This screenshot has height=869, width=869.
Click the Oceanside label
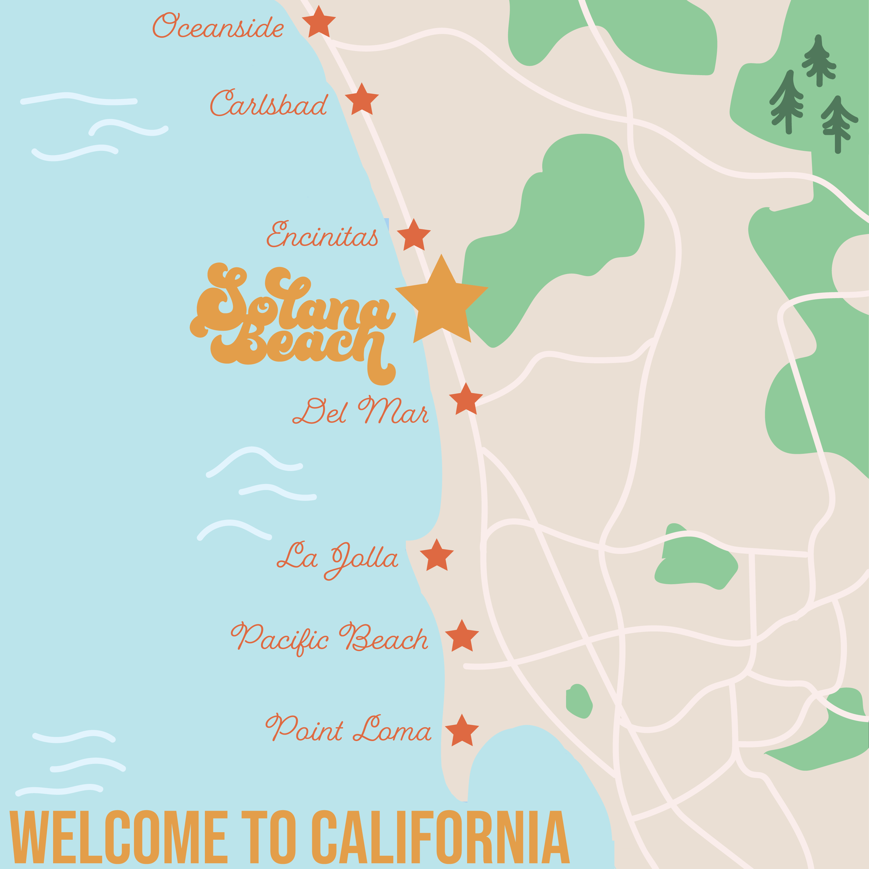[218, 26]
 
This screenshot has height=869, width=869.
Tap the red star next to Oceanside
[318, 23]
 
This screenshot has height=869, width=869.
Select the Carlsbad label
[269, 104]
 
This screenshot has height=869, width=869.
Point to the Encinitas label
[322, 235]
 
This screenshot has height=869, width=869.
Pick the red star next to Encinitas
[414, 236]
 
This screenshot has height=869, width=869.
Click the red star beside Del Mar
[466, 400]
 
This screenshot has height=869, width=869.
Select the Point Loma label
[349, 730]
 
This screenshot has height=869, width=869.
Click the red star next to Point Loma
[462, 732]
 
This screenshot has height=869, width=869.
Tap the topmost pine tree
[819, 61]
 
